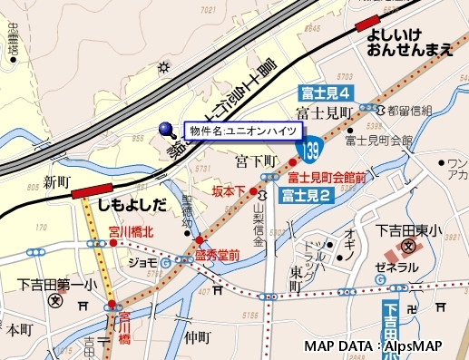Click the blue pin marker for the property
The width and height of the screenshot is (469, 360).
tap(166, 130)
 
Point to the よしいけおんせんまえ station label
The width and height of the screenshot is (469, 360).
tap(410, 43)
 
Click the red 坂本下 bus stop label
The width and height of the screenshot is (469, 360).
tap(229, 191)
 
